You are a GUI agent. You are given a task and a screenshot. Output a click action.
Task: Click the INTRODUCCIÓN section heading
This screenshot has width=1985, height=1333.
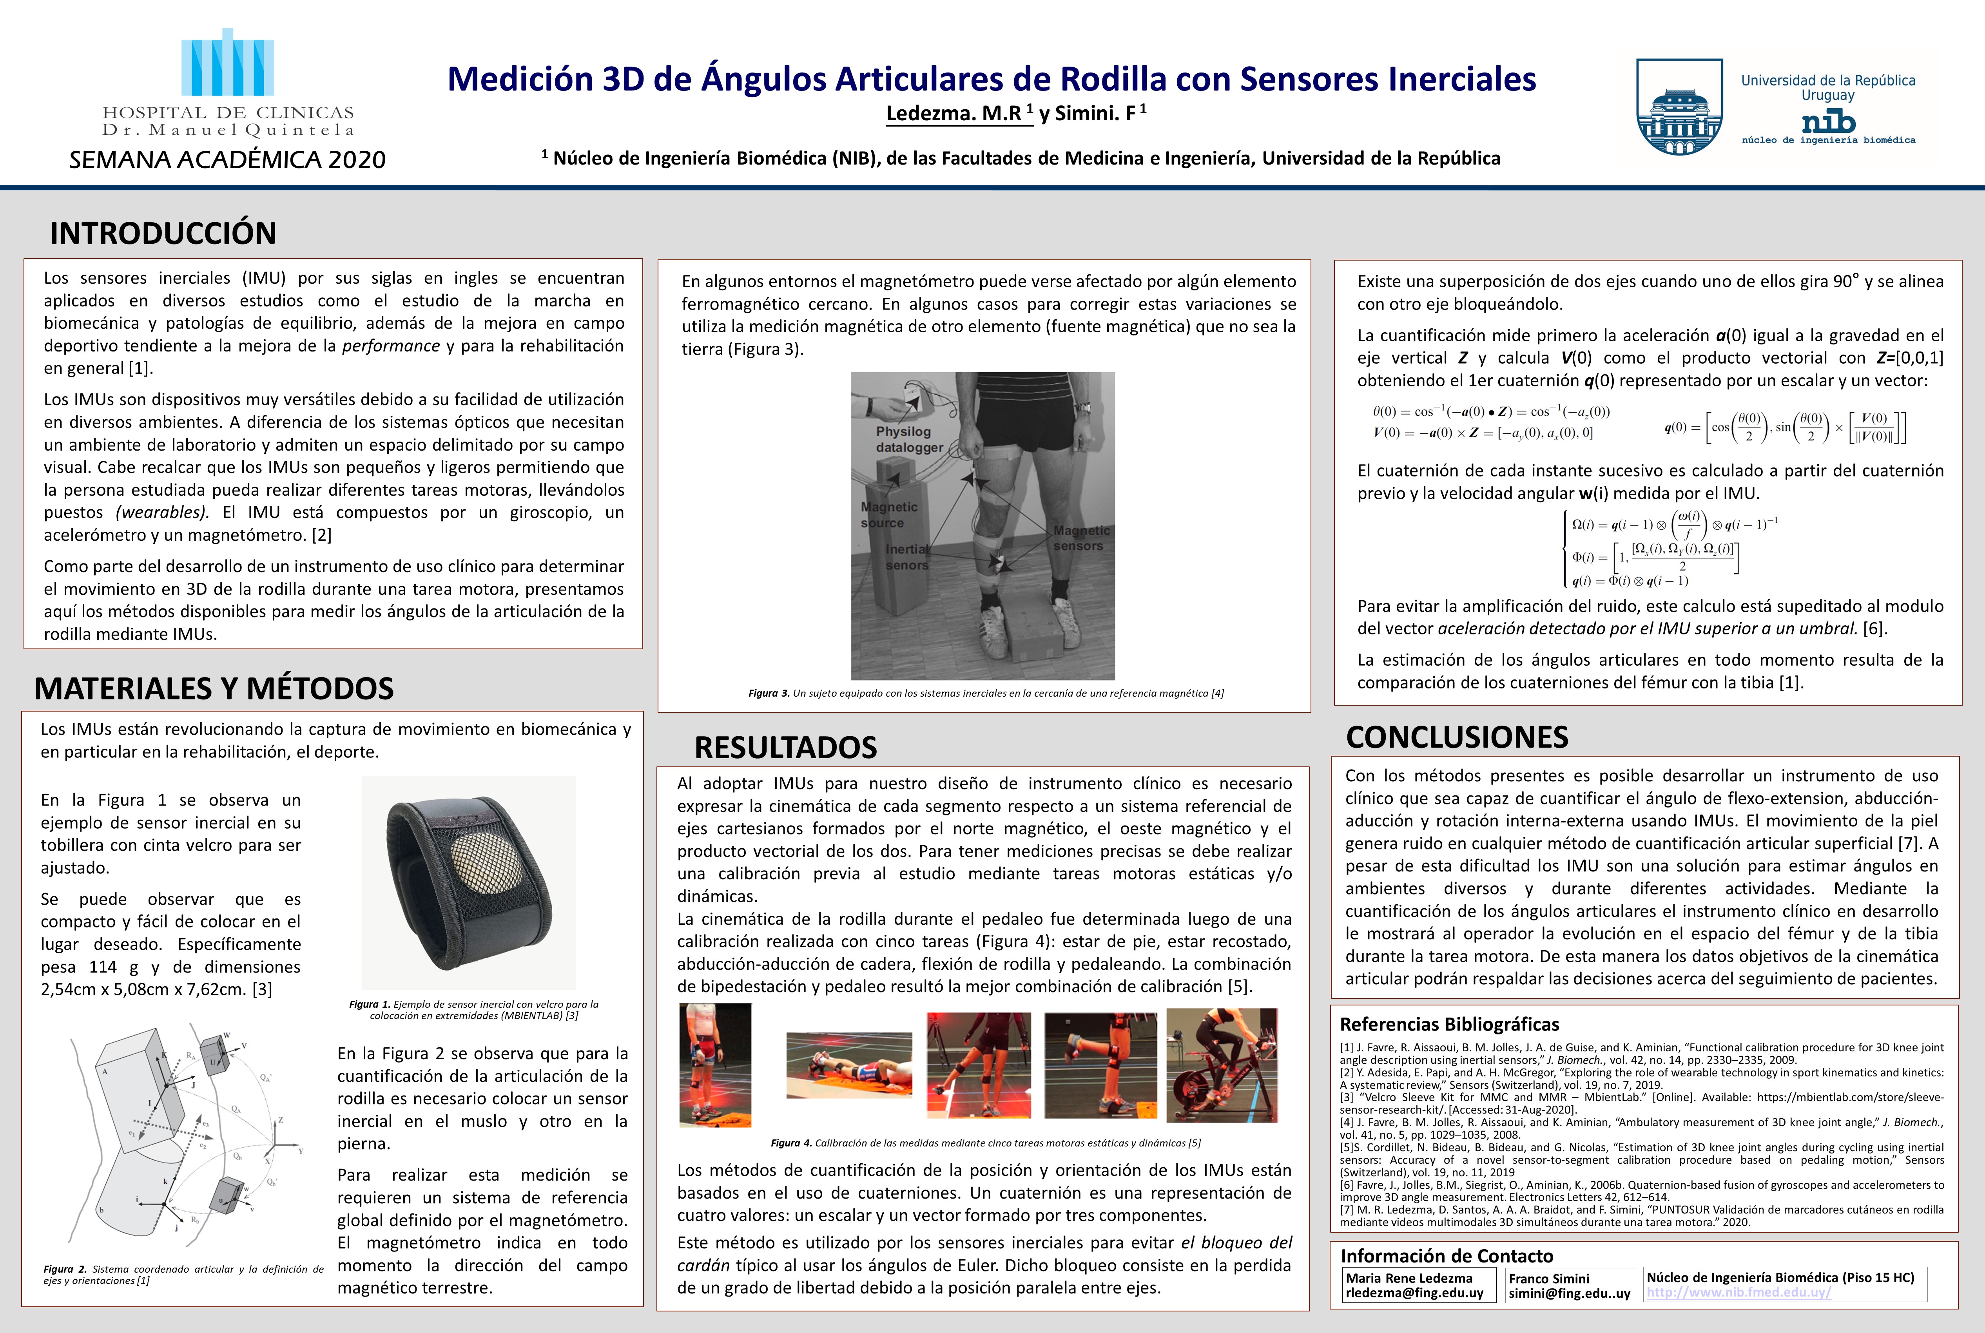click(x=163, y=233)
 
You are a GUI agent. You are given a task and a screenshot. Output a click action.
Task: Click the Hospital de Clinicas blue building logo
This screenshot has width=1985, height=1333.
click(x=228, y=64)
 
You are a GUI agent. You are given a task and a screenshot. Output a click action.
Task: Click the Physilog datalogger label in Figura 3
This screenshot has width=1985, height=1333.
click(x=908, y=440)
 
